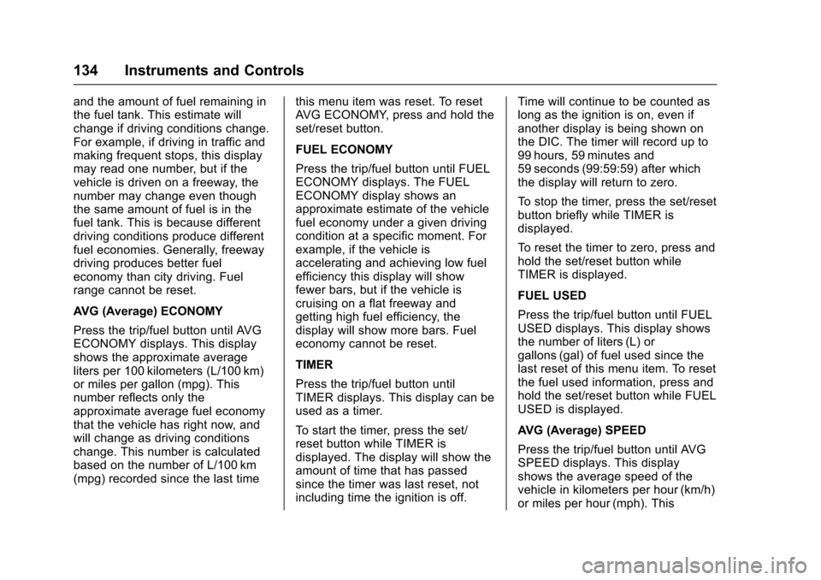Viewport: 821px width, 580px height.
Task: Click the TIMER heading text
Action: [x=314, y=364]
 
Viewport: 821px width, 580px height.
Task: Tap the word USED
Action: [x=570, y=296]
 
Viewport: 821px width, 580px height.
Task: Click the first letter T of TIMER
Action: [x=298, y=364]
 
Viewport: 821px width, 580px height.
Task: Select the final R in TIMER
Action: [x=328, y=364]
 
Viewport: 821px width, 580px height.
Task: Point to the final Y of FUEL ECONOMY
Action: [x=388, y=150]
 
